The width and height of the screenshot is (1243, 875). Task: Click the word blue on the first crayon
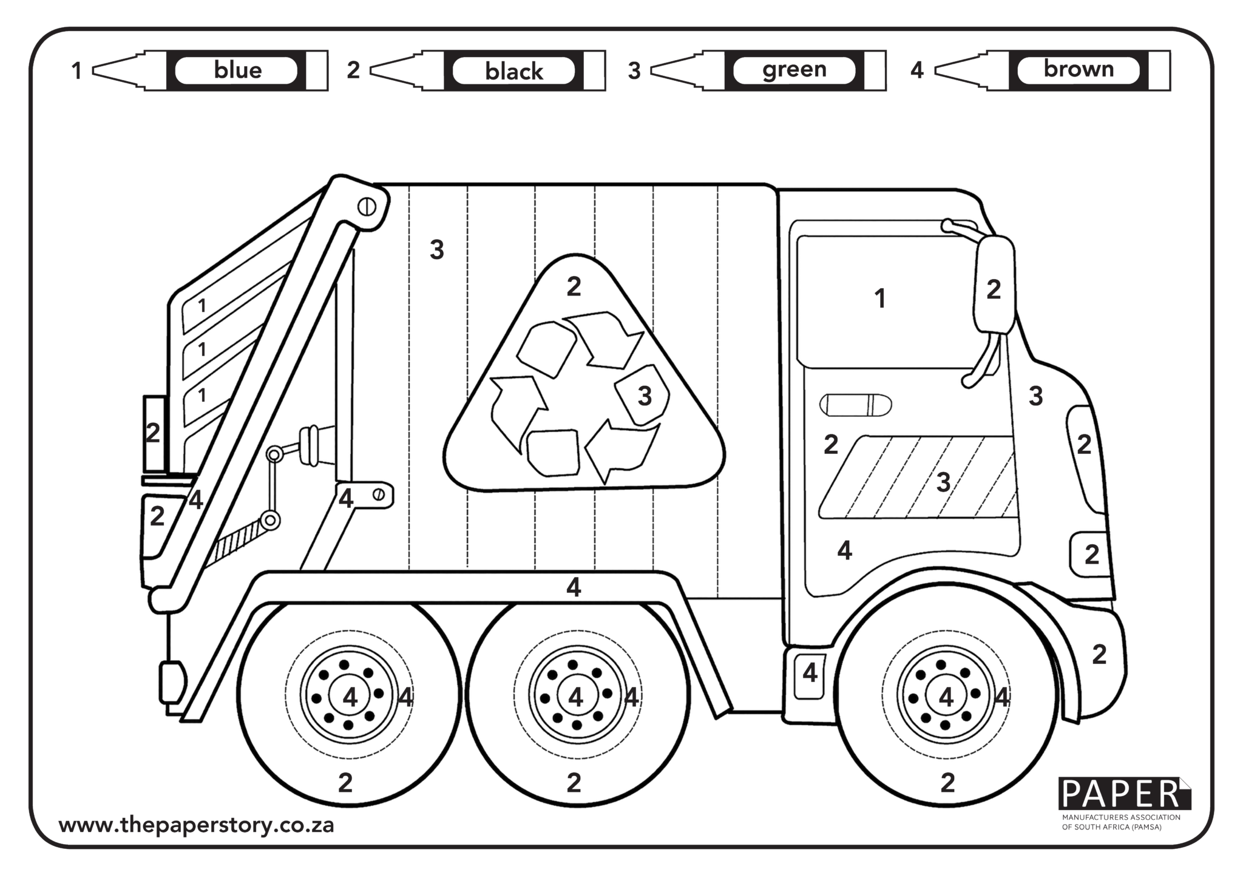[237, 70]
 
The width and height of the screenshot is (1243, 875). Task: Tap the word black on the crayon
[513, 72]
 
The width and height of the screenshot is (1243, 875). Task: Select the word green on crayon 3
[794, 70]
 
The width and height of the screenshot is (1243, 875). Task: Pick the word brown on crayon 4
[1078, 69]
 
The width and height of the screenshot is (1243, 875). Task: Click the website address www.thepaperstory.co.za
[196, 825]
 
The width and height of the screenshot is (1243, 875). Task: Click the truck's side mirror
[994, 285]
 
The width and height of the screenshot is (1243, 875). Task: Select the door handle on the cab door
[855, 405]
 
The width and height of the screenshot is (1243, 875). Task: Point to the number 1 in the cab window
[879, 299]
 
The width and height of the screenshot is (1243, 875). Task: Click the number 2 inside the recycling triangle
[574, 287]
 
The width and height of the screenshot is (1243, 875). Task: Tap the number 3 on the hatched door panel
[943, 482]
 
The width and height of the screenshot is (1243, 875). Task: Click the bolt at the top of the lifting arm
[366, 207]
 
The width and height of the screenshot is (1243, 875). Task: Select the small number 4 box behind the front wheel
[810, 673]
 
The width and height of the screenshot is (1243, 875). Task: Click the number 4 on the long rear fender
[573, 587]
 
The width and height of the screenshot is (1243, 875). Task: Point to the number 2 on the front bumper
[1099, 654]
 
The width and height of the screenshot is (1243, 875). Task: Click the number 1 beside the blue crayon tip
[76, 71]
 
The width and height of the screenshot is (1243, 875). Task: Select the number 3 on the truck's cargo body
[436, 250]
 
